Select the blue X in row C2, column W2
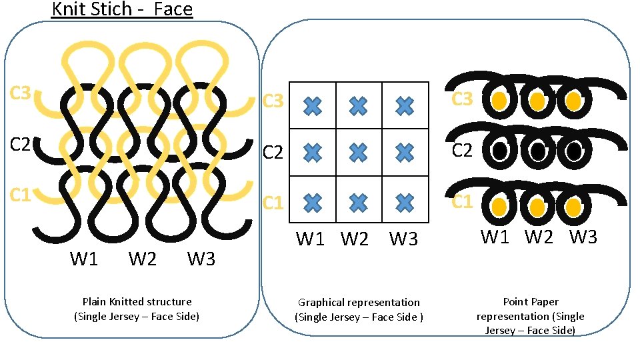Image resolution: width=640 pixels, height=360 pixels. pos(359,153)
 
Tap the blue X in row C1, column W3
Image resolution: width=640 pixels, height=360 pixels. pos(404,201)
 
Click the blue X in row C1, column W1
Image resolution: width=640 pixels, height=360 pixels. pos(313,201)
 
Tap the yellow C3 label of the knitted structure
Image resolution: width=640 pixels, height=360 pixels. pos(21,93)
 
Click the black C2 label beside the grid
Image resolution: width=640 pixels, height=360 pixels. pos(273,153)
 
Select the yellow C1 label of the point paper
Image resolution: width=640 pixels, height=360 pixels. pos(463,201)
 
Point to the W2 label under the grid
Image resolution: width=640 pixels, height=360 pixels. pos(355,239)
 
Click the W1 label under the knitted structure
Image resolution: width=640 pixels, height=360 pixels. pos(84,259)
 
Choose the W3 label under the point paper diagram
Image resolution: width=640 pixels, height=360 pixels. pos(583,237)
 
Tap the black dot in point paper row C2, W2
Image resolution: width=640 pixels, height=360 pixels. pos(537,152)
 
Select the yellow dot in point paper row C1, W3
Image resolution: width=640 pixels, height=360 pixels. pos(573,207)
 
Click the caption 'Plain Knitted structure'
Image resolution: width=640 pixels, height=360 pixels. pos(137,301)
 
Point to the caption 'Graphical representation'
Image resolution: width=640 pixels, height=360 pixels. pos(359,303)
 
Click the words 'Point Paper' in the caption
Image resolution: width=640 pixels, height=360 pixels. pos(531,302)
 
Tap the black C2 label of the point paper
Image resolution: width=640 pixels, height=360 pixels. pos(463,150)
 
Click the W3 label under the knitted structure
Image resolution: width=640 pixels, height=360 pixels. pos(201,259)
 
